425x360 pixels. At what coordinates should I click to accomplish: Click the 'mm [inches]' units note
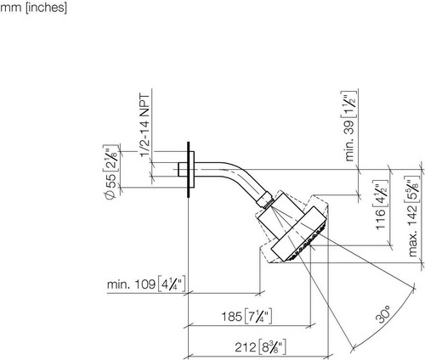tap(33, 8)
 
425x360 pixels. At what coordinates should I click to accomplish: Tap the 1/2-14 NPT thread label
tap(144, 126)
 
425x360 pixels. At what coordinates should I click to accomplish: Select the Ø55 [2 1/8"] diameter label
tap(110, 172)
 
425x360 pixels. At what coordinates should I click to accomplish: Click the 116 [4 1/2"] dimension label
tap(381, 205)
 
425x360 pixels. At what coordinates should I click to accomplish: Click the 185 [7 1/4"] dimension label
tap(246, 316)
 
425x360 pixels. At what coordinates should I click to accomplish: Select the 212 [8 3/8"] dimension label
tap(260, 346)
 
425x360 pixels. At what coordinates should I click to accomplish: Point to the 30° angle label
tap(382, 314)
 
